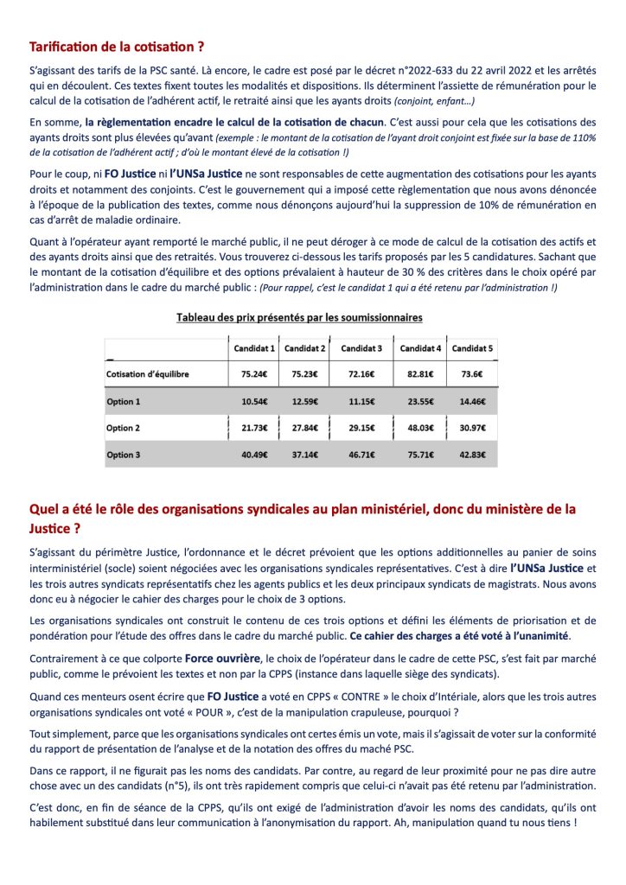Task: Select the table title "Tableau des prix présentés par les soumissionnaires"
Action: click(x=299, y=318)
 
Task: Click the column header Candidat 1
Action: click(x=254, y=348)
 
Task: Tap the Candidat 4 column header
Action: click(x=419, y=348)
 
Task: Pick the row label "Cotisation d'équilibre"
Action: click(x=147, y=375)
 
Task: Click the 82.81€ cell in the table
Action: click(x=419, y=375)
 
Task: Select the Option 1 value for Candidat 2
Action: click(x=304, y=402)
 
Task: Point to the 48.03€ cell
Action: click(x=419, y=429)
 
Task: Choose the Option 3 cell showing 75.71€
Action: click(x=419, y=455)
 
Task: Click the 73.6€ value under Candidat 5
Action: click(x=471, y=375)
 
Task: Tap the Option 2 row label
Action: click(x=123, y=429)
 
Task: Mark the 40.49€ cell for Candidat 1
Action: click(x=254, y=455)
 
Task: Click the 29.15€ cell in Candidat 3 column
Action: click(x=361, y=429)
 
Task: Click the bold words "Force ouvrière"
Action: click(x=220, y=658)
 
